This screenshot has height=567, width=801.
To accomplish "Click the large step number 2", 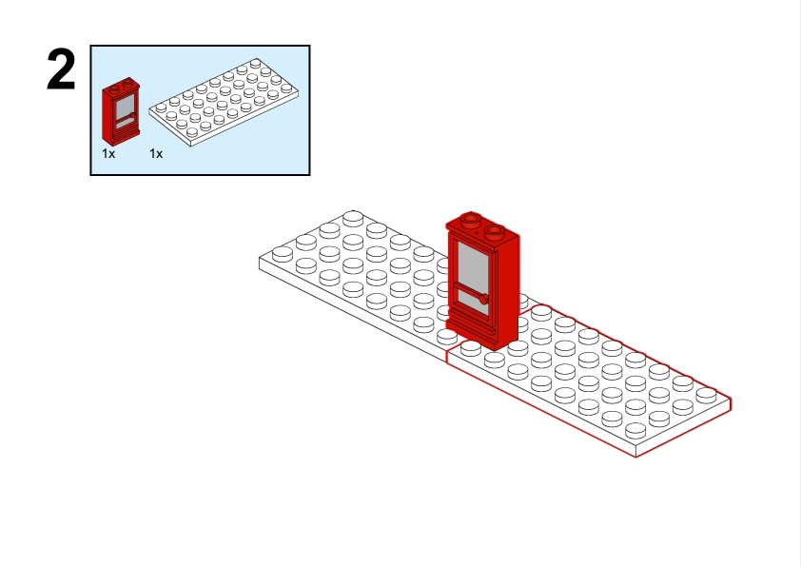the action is tap(61, 69).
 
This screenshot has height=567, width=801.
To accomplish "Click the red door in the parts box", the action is tap(121, 111).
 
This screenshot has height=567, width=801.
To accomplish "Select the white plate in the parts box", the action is tap(224, 102).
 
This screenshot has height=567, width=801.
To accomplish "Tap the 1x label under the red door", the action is tap(108, 153).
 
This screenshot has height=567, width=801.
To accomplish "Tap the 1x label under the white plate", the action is tap(156, 153).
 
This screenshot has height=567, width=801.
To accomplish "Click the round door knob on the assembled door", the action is tap(484, 300).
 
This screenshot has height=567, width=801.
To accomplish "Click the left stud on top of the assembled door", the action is tap(471, 221).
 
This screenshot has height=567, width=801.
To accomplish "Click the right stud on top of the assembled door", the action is tap(495, 232).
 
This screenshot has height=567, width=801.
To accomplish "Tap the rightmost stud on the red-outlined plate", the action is tap(706, 395).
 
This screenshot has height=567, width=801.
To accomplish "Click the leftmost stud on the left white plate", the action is tap(283, 253).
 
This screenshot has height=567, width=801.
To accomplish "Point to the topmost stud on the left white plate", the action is tap(353, 218).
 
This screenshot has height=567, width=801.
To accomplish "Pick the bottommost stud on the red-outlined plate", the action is tap(635, 430).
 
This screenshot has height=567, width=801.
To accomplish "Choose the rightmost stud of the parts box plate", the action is tap(286, 88).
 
